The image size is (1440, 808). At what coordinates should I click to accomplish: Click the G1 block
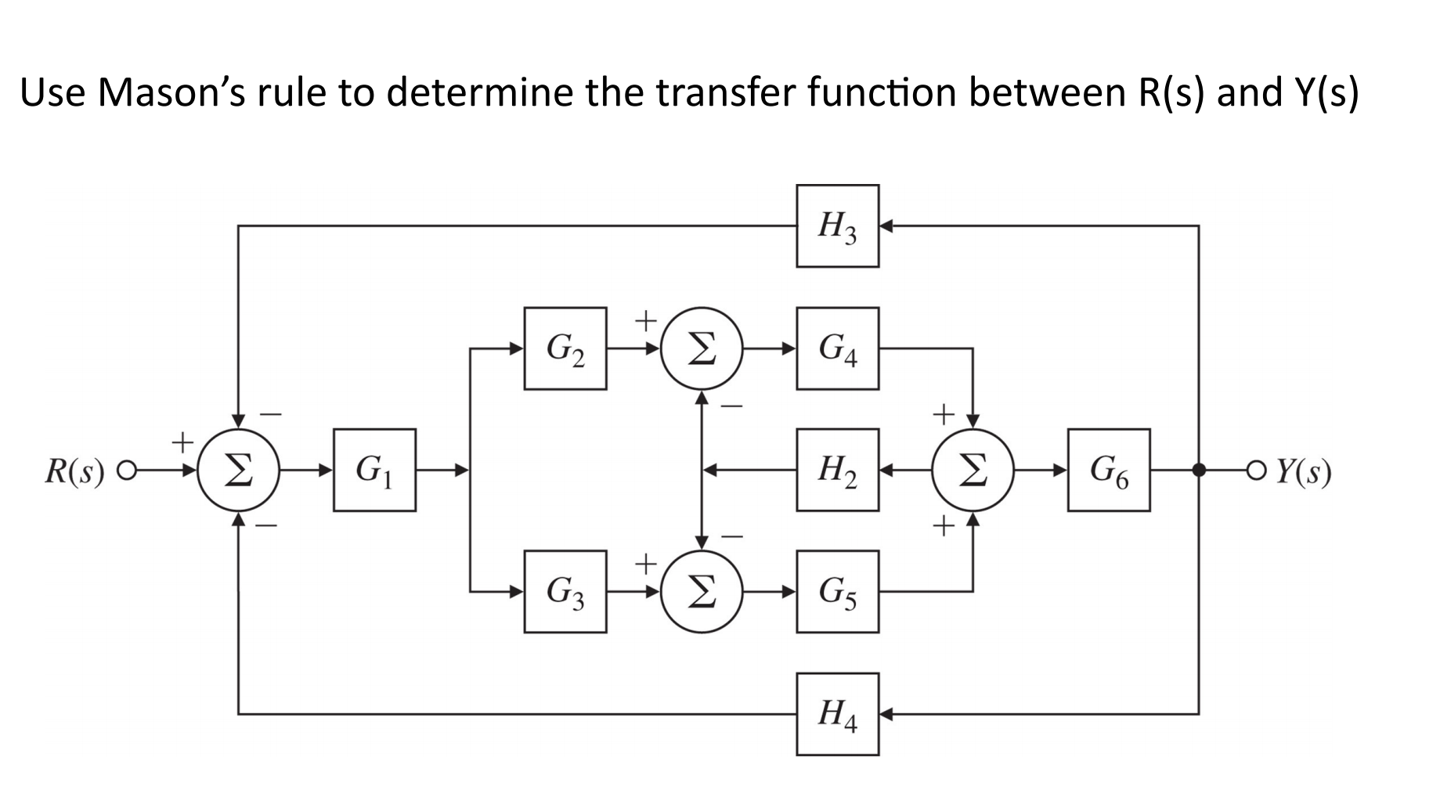(x=374, y=470)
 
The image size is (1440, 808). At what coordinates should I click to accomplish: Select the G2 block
(x=565, y=348)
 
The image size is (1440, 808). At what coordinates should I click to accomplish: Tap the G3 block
(x=565, y=592)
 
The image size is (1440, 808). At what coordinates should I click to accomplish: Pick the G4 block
(x=837, y=348)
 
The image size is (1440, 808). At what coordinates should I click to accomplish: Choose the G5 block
(x=837, y=592)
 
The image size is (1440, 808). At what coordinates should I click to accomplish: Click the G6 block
(x=1109, y=470)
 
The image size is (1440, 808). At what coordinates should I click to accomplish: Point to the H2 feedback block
(x=837, y=470)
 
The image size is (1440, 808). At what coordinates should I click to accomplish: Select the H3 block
(x=837, y=226)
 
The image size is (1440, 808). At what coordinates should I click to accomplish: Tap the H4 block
(x=837, y=714)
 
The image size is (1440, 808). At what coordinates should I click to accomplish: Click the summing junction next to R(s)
(x=238, y=470)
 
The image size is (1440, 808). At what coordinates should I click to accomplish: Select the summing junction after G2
(x=702, y=348)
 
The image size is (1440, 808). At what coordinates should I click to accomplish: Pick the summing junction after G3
(x=702, y=592)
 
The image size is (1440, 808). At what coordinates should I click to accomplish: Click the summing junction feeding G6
(x=973, y=470)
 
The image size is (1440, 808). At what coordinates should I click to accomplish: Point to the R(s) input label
(x=74, y=471)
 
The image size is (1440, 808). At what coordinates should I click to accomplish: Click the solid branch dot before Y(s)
(x=1198, y=470)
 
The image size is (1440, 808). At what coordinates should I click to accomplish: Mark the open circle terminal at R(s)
(x=124, y=471)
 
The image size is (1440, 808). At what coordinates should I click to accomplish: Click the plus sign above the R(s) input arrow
(x=182, y=442)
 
